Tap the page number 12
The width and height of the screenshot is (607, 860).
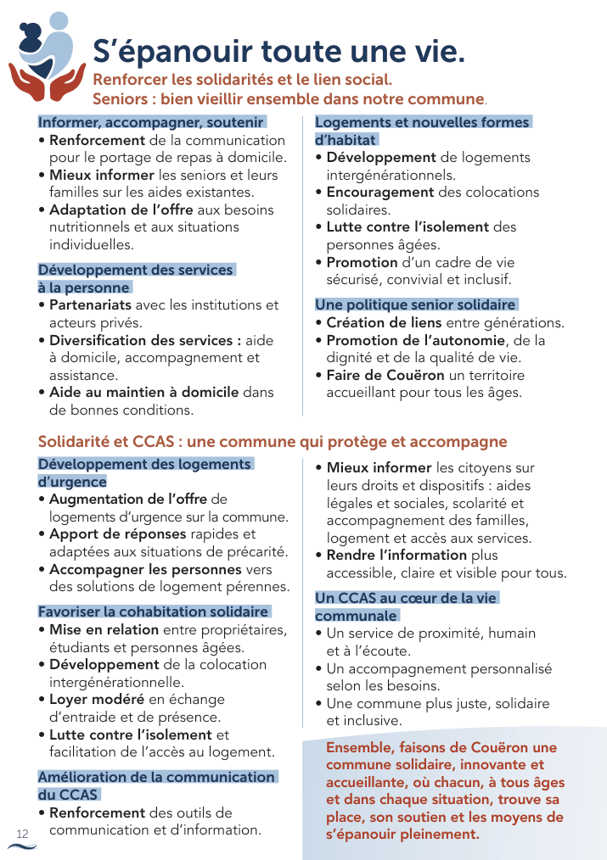tap(23, 834)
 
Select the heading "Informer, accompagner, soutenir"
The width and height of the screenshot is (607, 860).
tap(151, 121)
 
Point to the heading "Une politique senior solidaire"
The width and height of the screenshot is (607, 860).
tap(415, 304)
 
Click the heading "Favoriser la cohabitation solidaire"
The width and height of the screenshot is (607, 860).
tap(153, 611)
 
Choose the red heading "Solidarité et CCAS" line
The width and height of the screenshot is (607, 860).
tap(273, 442)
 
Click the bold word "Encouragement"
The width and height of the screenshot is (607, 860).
tap(380, 192)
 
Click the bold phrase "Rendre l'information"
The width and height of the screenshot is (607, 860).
tap(396, 555)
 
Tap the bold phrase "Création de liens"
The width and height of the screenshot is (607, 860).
tap(384, 322)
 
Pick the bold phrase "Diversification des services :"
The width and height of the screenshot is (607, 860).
tap(145, 340)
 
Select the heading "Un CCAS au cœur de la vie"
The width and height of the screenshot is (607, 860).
tap(406, 598)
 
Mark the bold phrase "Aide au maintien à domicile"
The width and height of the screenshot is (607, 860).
tap(144, 392)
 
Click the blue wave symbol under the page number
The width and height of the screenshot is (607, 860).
tap(22, 847)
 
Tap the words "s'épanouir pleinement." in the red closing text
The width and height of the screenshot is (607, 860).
tap(402, 835)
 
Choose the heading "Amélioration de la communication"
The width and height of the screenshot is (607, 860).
tap(156, 777)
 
